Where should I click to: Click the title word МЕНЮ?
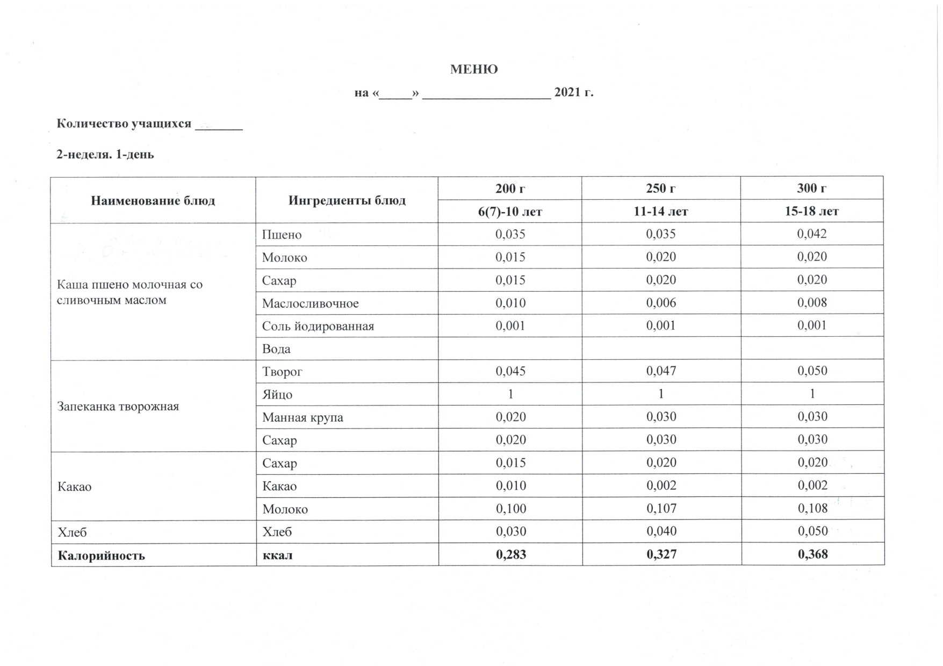(473, 69)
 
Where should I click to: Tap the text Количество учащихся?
(124, 124)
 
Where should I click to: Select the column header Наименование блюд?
(153, 201)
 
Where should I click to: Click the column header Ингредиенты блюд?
(347, 201)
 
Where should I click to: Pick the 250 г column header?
(660, 189)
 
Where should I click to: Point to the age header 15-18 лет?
(811, 212)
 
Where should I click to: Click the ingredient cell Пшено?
(282, 235)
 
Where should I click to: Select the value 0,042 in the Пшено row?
(812, 234)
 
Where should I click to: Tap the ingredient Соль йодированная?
(318, 326)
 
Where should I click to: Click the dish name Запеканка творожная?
(118, 406)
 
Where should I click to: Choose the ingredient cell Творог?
(282, 372)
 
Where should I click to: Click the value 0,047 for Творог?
(661, 371)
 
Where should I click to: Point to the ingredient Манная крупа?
(303, 417)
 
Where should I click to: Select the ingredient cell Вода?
(276, 349)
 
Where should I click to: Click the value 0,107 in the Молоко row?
(661, 508)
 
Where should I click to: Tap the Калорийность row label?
(101, 555)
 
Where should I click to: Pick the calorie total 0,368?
(812, 554)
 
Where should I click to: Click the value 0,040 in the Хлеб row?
(661, 531)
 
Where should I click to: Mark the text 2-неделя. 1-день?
(105, 155)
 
